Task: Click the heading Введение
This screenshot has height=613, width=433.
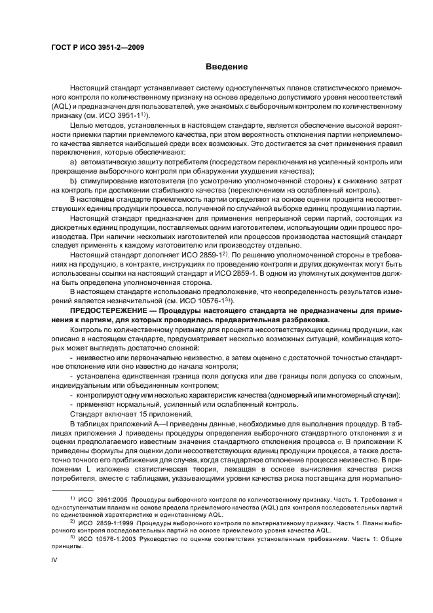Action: tap(227, 67)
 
